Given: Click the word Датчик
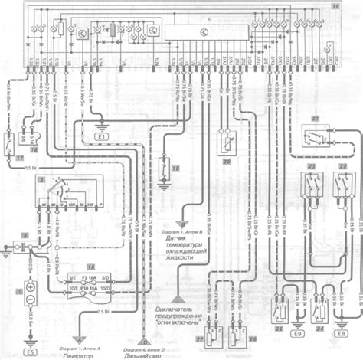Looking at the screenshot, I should tap(178, 239).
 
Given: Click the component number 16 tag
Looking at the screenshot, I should tap(355, 6).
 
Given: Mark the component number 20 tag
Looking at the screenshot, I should tap(227, 162).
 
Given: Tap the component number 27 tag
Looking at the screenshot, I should tap(201, 337).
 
